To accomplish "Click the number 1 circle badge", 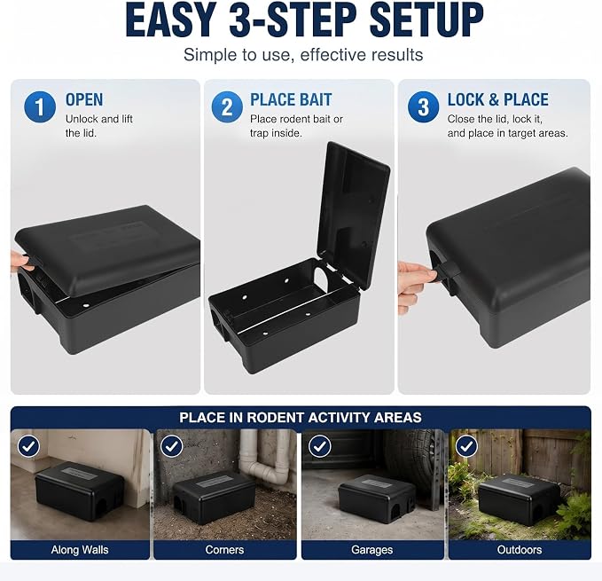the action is coord(40,106).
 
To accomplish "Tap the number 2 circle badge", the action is coord(227,106).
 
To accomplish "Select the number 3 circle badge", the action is coord(423,106).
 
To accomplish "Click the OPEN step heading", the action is coord(84,100).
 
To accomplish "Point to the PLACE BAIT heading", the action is coord(291,100).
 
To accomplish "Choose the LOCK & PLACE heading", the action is coord(497,100).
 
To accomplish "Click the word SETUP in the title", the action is coord(426,20).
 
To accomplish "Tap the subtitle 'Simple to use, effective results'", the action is coord(303,54).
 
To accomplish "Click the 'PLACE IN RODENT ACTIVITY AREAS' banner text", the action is coord(301,418).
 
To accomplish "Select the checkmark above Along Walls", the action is coord(28,446).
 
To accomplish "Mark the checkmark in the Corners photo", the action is coord(171,446).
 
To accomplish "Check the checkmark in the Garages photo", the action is coord(319,446).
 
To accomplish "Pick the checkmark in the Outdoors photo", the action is coord(466,446).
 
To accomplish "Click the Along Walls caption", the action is coord(80,550).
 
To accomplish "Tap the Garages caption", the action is coord(372,550).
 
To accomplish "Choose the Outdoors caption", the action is coord(520,550).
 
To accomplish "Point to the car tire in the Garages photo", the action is coord(418,457).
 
